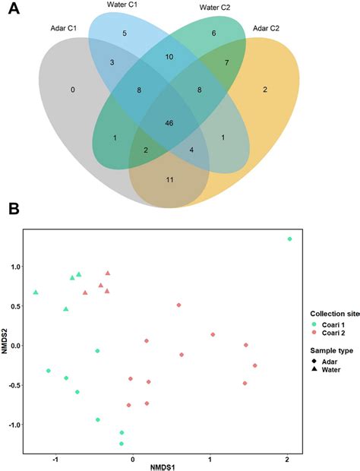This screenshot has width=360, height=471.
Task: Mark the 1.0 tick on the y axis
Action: [15, 267]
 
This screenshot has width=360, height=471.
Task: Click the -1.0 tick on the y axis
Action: [14, 424]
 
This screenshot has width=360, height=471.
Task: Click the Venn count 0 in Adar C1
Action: [72, 90]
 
